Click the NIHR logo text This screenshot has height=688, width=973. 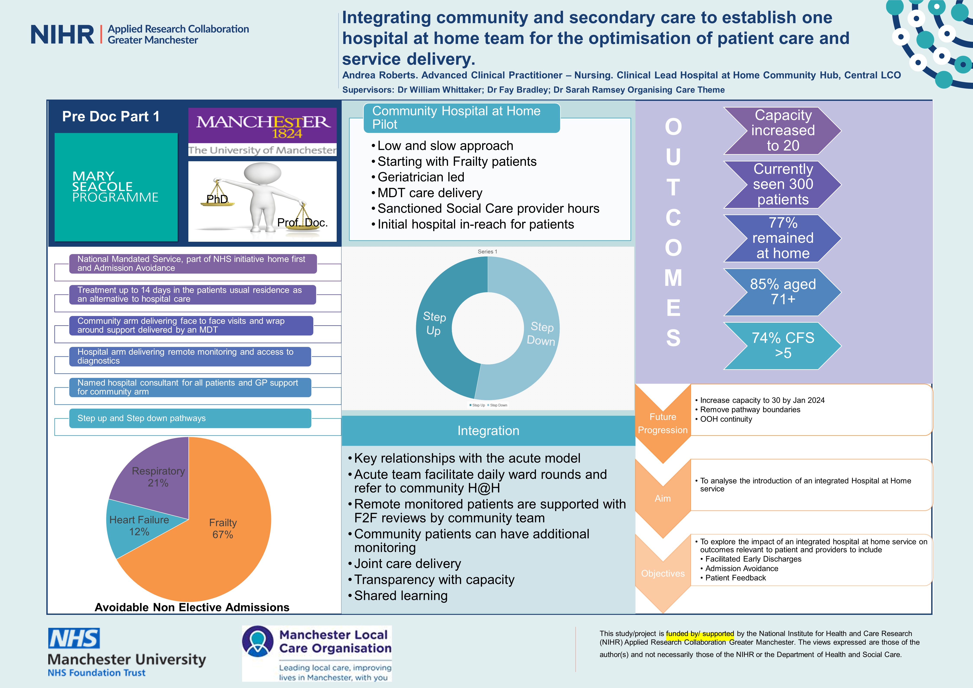click(x=62, y=35)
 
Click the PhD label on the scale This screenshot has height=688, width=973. click(x=217, y=199)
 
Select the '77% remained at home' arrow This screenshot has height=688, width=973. click(x=782, y=238)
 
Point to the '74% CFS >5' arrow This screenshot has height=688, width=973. click(x=782, y=345)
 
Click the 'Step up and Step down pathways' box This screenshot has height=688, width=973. click(x=190, y=418)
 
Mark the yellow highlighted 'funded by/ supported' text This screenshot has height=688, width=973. click(x=700, y=634)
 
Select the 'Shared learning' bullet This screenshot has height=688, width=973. click(x=401, y=596)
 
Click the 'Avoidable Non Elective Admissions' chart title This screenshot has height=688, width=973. click(x=192, y=607)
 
